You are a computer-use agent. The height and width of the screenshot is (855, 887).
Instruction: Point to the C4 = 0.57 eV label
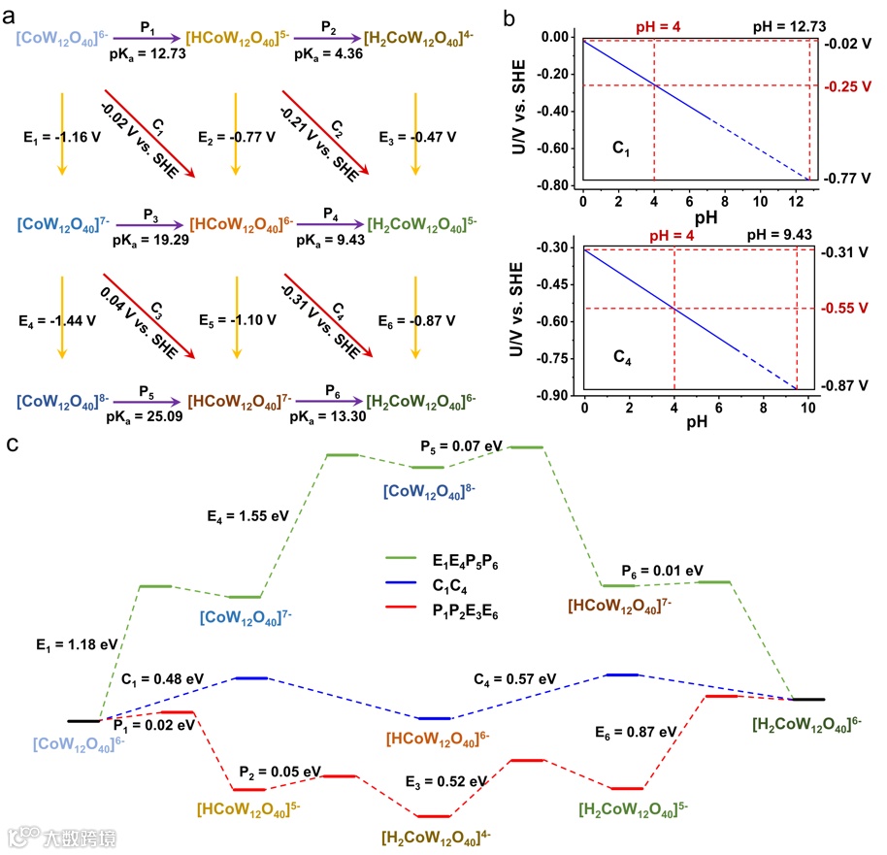click(515, 678)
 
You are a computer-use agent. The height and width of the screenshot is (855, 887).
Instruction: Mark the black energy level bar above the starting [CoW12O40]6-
click(83, 721)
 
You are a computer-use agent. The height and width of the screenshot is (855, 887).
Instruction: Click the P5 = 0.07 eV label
click(462, 446)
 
